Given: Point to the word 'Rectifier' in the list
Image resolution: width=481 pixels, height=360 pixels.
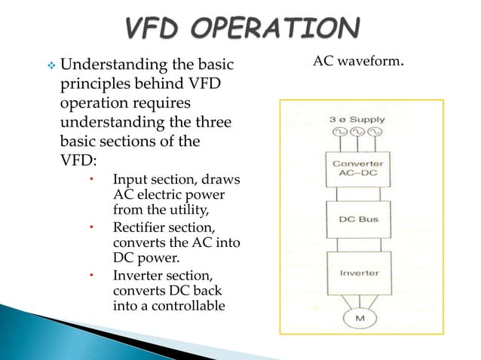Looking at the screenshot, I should [138, 227].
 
